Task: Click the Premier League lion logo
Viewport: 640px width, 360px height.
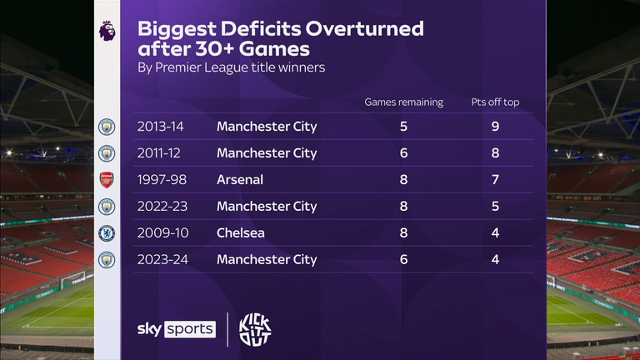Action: click(107, 31)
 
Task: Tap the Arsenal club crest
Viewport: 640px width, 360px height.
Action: click(107, 179)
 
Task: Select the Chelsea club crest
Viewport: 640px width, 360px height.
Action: click(107, 232)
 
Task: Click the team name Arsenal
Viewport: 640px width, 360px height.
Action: click(240, 180)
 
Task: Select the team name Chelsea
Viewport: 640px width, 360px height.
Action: click(241, 232)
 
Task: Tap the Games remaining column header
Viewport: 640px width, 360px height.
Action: click(404, 102)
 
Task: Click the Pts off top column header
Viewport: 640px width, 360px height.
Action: click(495, 102)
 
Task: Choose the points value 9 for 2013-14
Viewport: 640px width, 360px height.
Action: click(495, 127)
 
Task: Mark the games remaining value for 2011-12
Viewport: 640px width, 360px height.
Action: click(404, 153)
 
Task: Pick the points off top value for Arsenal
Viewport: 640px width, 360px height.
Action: click(495, 180)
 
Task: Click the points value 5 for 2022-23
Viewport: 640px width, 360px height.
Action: click(495, 207)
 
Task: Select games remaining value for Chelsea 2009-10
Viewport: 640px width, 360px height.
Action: click(404, 232)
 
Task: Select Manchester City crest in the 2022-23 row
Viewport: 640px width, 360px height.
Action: click(107, 206)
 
